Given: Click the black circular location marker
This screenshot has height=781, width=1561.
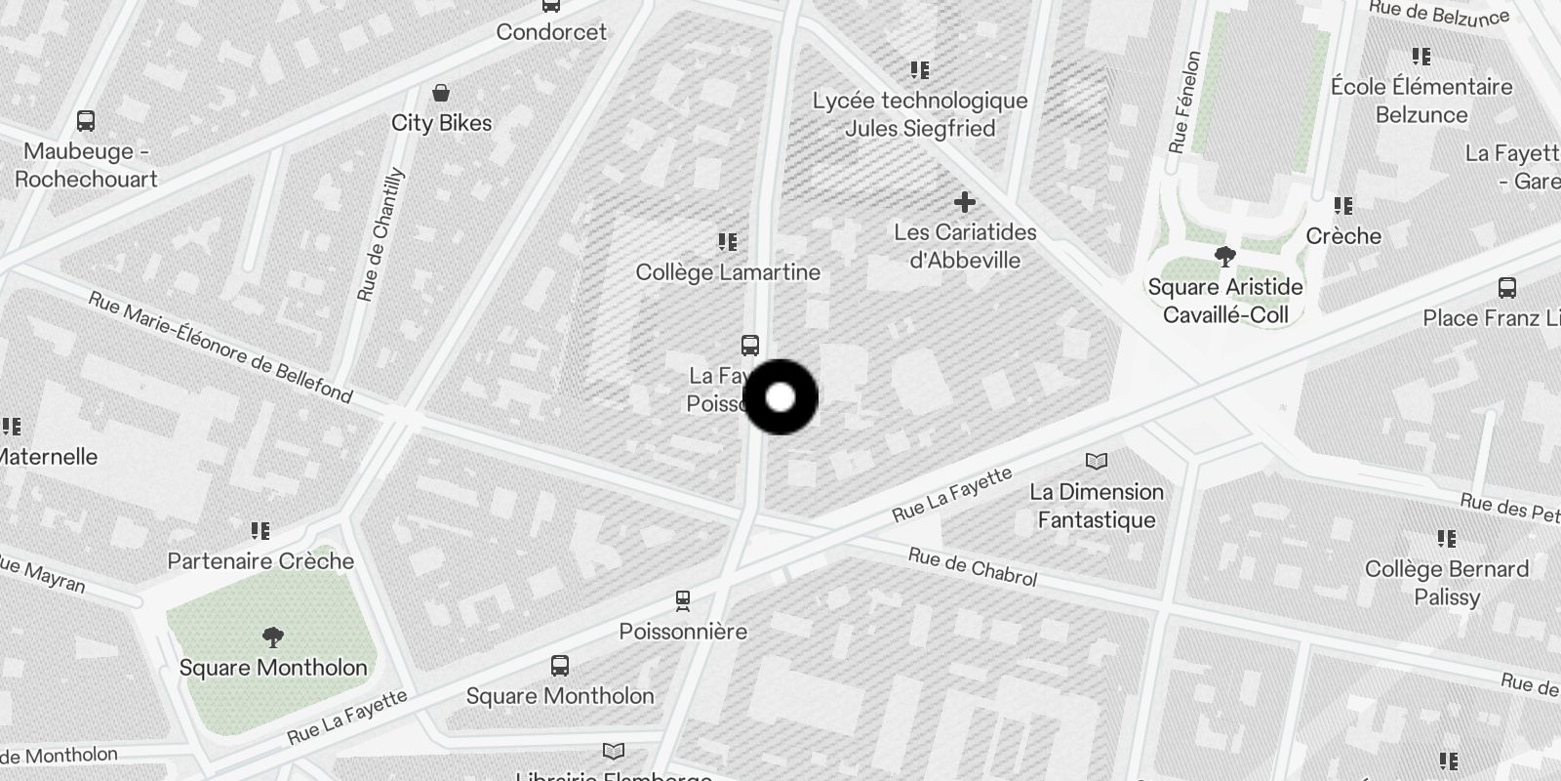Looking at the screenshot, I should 780,397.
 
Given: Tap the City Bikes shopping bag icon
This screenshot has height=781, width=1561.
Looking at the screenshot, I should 441,93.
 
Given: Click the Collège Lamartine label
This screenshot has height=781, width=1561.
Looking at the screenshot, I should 728,272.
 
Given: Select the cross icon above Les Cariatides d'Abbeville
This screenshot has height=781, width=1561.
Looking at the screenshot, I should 965,202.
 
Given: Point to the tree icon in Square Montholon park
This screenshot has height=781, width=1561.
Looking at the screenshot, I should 273,637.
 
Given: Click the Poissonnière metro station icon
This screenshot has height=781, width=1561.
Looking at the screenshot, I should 683,599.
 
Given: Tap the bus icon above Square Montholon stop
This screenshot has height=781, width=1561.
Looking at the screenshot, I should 559,666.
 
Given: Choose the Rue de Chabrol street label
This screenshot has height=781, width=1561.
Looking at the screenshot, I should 972,567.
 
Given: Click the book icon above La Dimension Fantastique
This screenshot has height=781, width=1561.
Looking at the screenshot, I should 1097,461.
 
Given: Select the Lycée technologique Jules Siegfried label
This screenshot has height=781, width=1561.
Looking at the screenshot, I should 920,114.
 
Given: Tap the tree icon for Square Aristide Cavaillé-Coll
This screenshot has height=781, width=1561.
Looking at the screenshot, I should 1224,257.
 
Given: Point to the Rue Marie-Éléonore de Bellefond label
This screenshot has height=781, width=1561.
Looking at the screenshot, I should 220,347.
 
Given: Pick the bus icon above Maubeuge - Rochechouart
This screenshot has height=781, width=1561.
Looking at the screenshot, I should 86,122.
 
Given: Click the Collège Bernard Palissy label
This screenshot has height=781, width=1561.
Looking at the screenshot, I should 1446,583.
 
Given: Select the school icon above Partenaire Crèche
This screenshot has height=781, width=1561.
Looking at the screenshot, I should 260,530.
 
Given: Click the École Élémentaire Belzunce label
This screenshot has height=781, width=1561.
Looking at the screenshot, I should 1421,101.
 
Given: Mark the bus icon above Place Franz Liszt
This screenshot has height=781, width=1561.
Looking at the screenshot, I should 1506,288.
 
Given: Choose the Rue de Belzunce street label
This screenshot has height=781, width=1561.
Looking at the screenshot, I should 1438,13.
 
